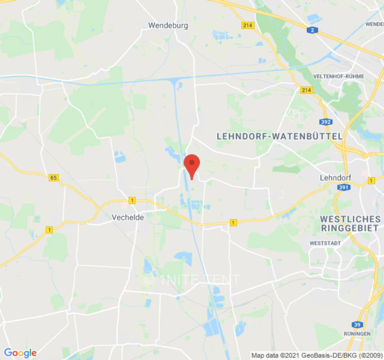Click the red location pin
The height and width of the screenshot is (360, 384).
pos(192,165)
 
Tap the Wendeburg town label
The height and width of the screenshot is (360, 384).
pos(168,26)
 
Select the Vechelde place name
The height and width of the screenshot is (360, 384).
pos(128,217)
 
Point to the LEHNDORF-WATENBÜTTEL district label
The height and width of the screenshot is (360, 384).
pos(280,136)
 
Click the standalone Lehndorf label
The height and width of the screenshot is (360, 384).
pos(335,178)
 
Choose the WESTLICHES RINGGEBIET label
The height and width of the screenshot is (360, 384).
pos(350,223)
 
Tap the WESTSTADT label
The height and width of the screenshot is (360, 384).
pos(322,243)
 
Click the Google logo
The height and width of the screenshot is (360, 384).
pos(20,353)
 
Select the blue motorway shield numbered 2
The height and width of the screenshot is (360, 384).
pos(311,30)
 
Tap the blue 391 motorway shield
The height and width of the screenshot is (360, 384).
pos(344,187)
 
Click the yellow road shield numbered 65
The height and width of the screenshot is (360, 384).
pos(54,178)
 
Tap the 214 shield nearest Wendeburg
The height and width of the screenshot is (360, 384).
pos(248,26)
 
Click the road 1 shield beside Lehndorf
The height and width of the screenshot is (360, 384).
pos(371,180)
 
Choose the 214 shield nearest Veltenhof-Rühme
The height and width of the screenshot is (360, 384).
pos(306,90)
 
